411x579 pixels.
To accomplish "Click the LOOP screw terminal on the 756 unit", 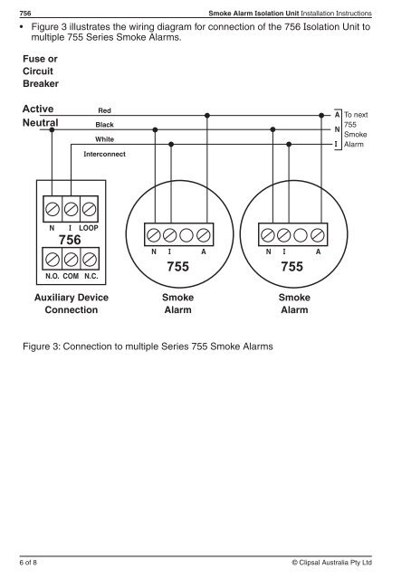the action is point(89,209).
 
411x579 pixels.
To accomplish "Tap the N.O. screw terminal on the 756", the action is point(53,260).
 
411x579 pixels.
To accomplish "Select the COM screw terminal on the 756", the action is point(71,260).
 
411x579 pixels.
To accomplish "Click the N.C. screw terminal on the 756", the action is point(90,260).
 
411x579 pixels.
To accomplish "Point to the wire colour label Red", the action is point(105,110).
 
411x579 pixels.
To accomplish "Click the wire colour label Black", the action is point(105,125).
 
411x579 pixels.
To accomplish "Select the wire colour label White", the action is point(105,139).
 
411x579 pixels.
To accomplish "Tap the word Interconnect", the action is point(105,154).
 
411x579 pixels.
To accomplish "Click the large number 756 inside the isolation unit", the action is point(70,240).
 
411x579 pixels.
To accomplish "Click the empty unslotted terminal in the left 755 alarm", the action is point(186,235).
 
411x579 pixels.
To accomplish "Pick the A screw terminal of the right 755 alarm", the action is point(318,235).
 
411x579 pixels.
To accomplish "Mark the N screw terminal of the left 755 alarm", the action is point(154,235).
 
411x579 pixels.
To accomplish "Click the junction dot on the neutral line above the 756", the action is point(52,129).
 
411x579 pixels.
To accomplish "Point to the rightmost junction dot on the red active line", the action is point(321,115).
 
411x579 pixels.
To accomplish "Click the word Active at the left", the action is point(38,109).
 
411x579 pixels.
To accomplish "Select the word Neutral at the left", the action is point(41,123).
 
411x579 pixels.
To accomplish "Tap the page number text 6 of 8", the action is point(28,563).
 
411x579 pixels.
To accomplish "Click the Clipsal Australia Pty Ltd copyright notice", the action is point(332,563).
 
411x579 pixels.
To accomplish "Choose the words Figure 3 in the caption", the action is point(41,346).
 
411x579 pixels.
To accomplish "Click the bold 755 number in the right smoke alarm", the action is point(292,267).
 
